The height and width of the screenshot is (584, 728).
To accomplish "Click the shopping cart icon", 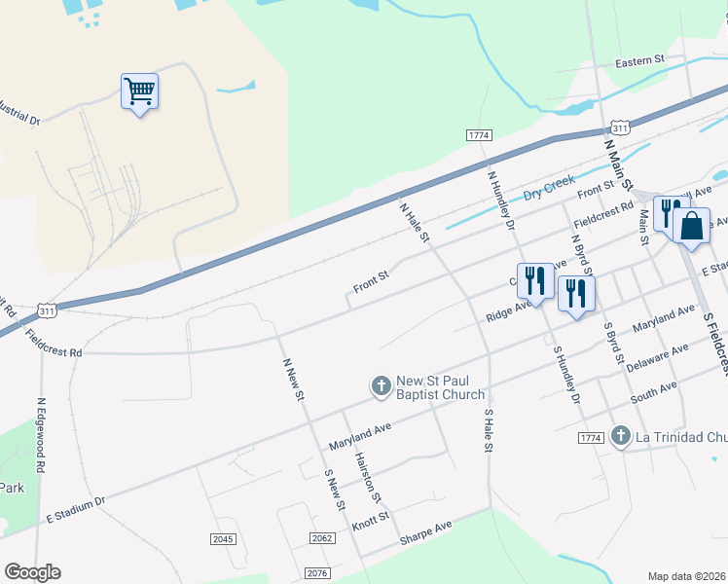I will tap(139, 91).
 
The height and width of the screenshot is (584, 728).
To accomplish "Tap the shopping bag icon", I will tap(691, 226).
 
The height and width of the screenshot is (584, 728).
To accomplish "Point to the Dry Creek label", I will tap(550, 188).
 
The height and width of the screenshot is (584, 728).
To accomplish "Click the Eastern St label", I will tap(639, 60).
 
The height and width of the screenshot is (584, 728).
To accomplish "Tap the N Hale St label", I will tap(413, 222).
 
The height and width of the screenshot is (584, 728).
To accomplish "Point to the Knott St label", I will tap(371, 516).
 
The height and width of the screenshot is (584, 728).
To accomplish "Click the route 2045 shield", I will tap(223, 538).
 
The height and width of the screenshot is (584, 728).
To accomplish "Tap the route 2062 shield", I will tap(322, 538).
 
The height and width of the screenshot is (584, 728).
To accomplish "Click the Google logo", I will tap(32, 572).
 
